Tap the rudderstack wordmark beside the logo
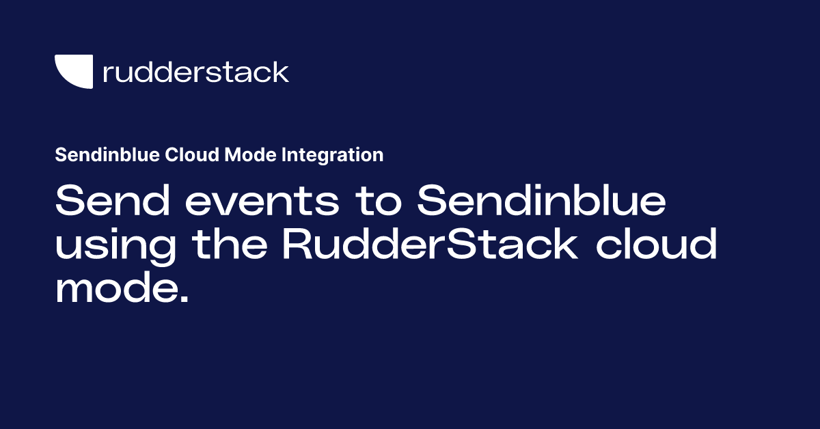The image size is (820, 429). tap(195, 72)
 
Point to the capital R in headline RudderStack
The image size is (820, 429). tap(298, 245)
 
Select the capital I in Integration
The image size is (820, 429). tap(284, 156)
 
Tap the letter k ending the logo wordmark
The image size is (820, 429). tap(280, 72)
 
